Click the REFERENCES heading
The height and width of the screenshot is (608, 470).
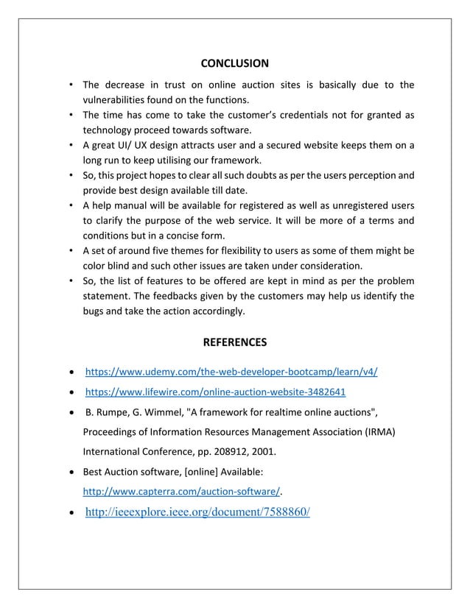pos(235,342)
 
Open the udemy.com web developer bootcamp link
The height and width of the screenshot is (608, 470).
pos(232,370)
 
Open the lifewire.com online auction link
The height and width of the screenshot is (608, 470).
pos(216,391)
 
